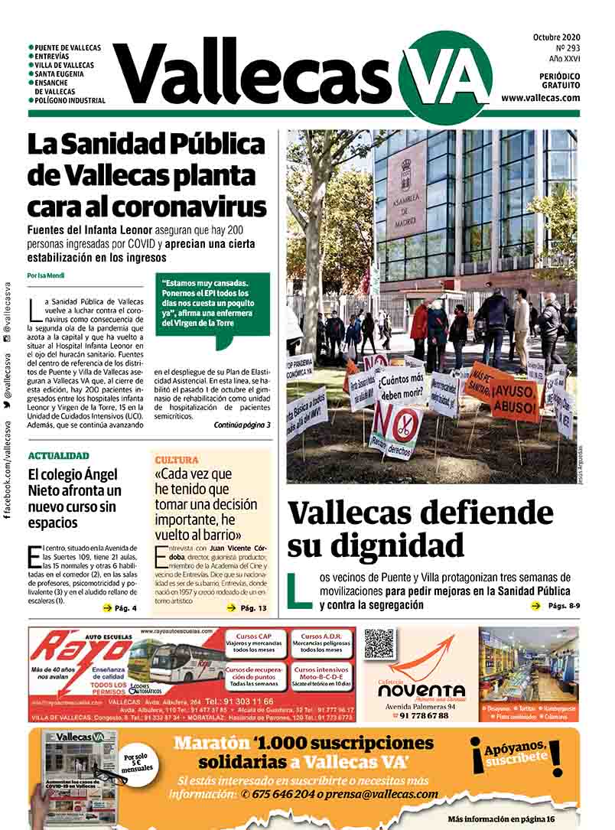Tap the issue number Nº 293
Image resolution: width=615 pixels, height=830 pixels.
click(x=565, y=47)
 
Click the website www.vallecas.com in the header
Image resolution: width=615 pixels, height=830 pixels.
click(x=540, y=98)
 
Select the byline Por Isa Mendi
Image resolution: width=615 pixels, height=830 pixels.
click(x=46, y=275)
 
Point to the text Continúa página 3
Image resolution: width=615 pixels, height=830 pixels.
click(x=242, y=425)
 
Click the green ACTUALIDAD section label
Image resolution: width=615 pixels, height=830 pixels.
click(x=58, y=456)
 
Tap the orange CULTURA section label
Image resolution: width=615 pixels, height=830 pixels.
click(x=177, y=460)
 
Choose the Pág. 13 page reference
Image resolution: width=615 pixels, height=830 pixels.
click(x=246, y=608)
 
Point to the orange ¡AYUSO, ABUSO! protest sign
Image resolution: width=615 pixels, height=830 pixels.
click(x=515, y=399)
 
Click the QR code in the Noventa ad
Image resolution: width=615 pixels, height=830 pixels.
click(x=379, y=643)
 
